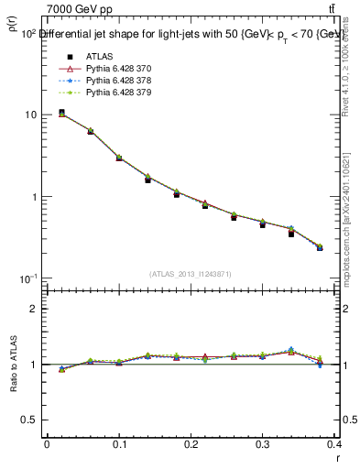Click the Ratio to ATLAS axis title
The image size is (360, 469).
click(x=13, y=365)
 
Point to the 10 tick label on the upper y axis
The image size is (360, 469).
click(x=30, y=115)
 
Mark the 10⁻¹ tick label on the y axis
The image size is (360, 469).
click(x=28, y=278)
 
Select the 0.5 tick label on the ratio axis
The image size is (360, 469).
click(x=31, y=420)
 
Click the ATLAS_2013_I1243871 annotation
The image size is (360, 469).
click(x=190, y=274)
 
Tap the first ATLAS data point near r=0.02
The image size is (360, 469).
click(x=61, y=113)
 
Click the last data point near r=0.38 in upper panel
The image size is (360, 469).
click(x=320, y=247)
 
